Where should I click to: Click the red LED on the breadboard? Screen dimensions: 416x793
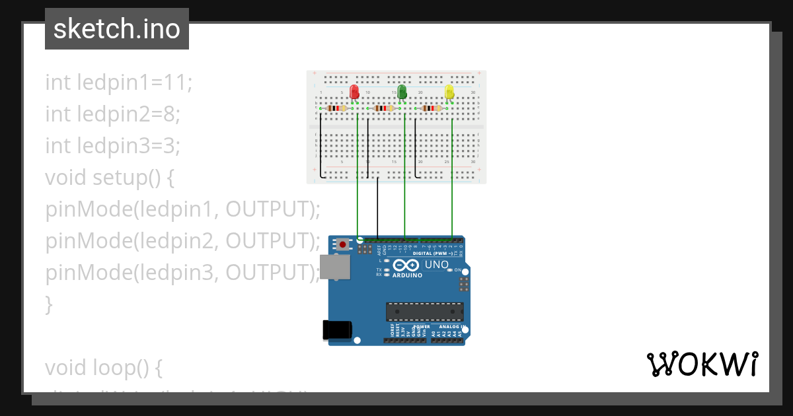pos(354,92)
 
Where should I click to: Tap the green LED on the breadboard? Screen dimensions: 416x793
pos(402,92)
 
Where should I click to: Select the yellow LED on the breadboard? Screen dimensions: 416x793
pos(449,92)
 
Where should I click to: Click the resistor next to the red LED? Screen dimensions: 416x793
pos(337,108)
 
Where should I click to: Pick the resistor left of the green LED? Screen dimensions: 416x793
pos(384,108)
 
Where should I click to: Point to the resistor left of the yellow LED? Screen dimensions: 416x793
pos(432,108)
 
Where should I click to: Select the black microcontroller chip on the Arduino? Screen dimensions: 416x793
pos(425,312)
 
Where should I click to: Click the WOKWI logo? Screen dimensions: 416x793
pos(702,364)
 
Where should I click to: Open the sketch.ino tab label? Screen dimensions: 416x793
pos(117,29)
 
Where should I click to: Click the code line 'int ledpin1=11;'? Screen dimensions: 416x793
pos(119,83)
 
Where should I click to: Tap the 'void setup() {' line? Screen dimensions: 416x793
pos(110,178)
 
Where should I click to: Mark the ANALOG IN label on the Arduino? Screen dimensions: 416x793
pos(449,327)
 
